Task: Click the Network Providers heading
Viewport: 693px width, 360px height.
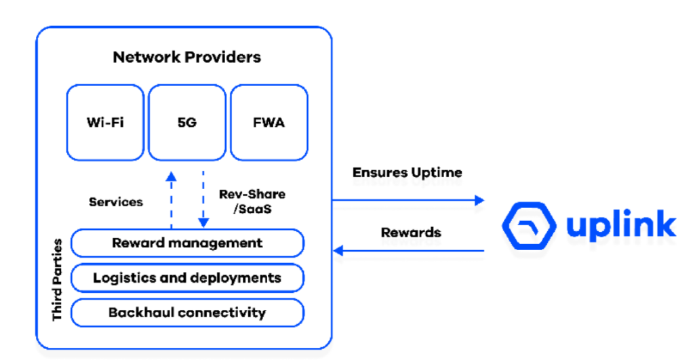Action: [x=186, y=57]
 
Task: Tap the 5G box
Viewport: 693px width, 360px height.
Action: [x=186, y=123]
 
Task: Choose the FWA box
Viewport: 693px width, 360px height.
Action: [x=269, y=123]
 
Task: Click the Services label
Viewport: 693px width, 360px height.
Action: [x=116, y=201]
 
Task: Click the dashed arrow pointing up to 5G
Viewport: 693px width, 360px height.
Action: [x=172, y=200]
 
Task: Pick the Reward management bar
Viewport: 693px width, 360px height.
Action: [x=187, y=243]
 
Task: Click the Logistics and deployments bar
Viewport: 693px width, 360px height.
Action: [x=187, y=278]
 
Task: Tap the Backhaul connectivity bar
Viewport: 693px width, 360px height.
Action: [x=187, y=313]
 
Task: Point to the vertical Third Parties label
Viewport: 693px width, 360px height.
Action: [x=57, y=279]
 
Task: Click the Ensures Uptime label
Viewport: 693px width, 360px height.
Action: [x=407, y=173]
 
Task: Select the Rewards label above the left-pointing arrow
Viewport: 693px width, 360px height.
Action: [x=410, y=233]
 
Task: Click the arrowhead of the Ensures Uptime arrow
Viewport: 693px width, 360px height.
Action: [x=480, y=200]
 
